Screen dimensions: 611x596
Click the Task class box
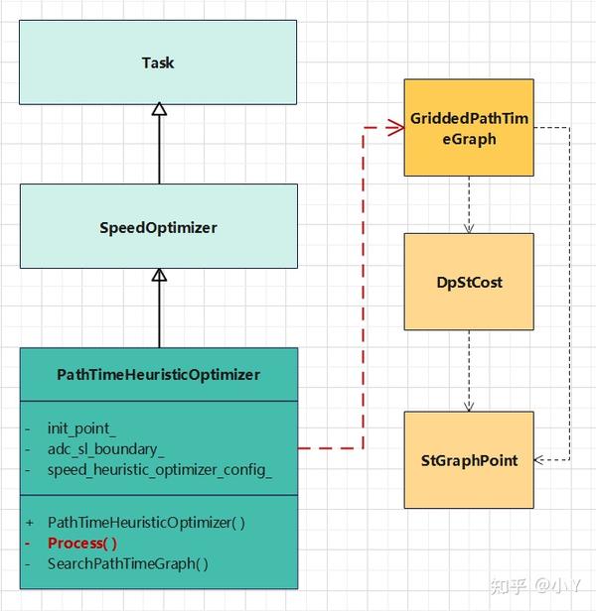[158, 62]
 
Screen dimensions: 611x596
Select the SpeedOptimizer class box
[158, 227]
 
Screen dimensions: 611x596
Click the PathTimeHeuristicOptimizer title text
[158, 374]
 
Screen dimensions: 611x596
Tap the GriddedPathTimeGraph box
[469, 128]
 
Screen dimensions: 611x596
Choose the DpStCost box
[469, 282]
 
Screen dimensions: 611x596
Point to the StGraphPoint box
[469, 460]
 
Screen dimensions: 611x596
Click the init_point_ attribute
[81, 429]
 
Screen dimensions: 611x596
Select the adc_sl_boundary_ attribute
[106, 449]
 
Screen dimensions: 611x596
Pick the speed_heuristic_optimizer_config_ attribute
[159, 469]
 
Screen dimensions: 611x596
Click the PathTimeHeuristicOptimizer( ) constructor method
[146, 522]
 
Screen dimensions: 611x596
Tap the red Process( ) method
[82, 543]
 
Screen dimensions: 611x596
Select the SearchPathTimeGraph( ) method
[128, 563]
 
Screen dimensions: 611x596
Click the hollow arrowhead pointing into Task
[159, 109]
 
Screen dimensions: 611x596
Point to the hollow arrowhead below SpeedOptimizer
[159, 275]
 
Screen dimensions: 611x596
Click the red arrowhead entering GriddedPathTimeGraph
[396, 127]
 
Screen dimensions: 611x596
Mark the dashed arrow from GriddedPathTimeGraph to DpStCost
[469, 204]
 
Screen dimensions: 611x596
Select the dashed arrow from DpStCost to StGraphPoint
[469, 371]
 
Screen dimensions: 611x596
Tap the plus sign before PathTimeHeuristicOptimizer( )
[30, 522]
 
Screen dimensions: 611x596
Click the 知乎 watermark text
[505, 586]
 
